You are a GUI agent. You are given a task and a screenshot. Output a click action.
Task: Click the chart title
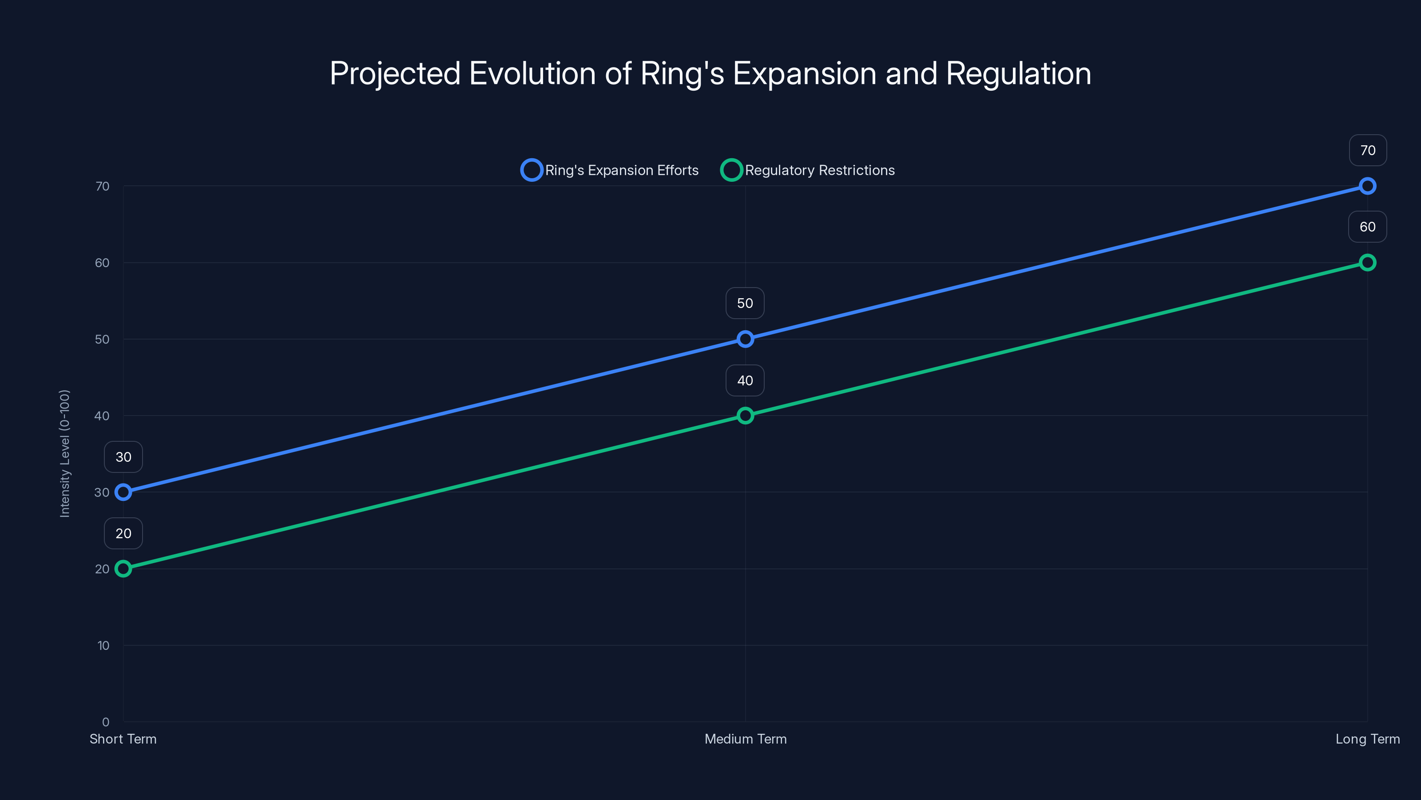click(710, 73)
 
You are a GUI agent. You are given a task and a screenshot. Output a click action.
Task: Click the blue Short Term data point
click(123, 492)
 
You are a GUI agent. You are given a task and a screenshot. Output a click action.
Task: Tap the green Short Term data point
click(123, 569)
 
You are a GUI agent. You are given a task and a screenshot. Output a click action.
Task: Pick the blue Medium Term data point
click(745, 339)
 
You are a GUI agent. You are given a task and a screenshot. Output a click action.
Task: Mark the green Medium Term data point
click(745, 415)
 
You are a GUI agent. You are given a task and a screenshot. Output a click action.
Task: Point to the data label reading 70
click(1368, 150)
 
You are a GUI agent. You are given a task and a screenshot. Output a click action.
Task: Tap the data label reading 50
click(745, 303)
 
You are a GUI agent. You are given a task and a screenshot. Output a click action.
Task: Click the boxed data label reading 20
click(123, 533)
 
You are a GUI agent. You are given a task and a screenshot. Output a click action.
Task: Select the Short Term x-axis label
click(123, 739)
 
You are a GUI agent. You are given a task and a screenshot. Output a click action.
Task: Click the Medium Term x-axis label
click(745, 739)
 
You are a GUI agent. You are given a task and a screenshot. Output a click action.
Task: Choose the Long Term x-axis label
click(1368, 739)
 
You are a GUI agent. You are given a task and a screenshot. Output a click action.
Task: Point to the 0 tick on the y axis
click(105, 722)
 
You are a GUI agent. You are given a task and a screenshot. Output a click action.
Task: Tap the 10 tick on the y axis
click(103, 645)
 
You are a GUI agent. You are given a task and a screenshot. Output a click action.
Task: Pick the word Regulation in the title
click(1018, 73)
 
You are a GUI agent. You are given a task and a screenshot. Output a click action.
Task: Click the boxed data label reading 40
click(745, 380)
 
